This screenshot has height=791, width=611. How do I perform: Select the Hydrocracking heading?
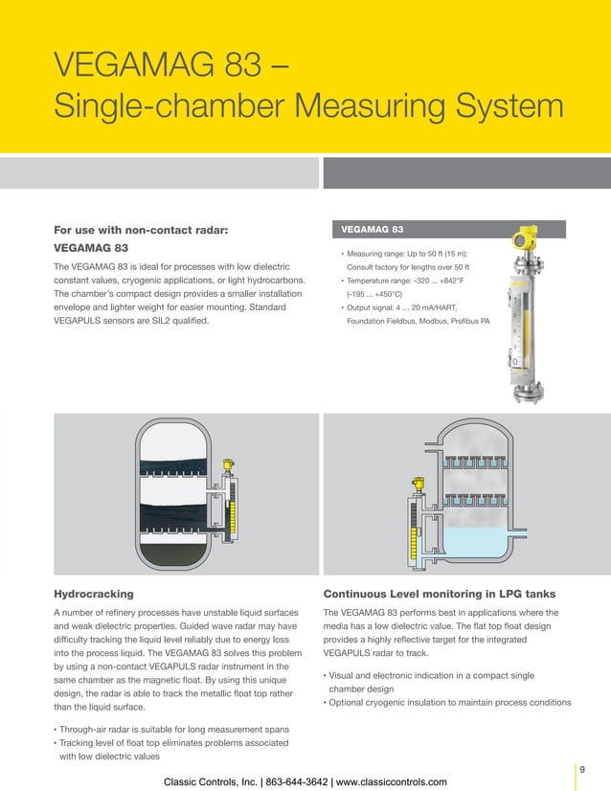[x=93, y=594]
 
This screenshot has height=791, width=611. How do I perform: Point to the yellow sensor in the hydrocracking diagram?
[x=228, y=466]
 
